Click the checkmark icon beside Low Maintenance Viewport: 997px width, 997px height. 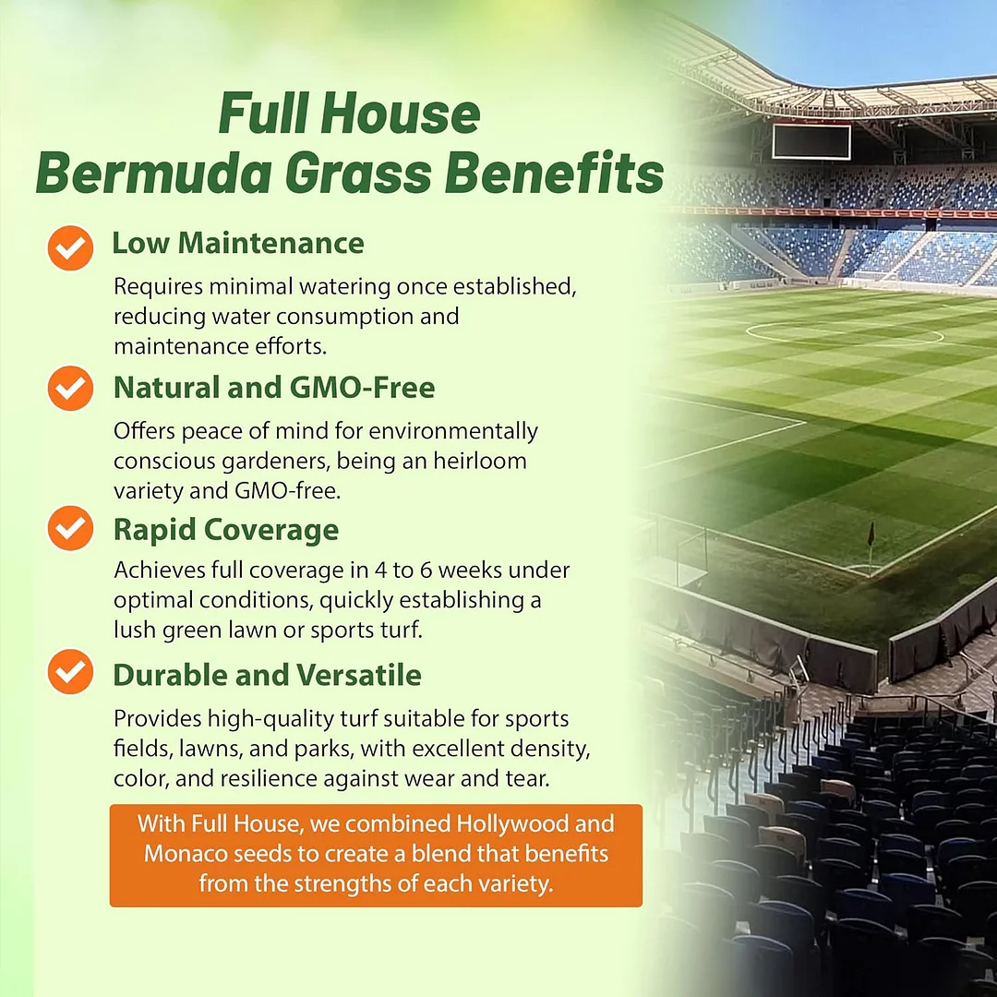coord(70,247)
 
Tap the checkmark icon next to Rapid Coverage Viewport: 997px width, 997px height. coord(70,528)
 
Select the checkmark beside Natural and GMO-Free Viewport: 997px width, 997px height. coord(70,388)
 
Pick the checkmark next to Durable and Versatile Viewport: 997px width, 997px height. coord(70,671)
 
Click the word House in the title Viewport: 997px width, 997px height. coord(401,114)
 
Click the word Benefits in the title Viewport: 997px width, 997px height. coord(554,173)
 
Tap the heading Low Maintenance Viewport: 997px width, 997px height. coord(238,243)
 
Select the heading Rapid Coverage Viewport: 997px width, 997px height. coord(226,530)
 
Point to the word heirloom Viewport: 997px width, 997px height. coord(480,461)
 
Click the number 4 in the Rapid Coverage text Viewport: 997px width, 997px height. coord(380,571)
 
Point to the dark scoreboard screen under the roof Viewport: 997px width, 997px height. coord(811,142)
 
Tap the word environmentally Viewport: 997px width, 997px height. coord(453,432)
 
